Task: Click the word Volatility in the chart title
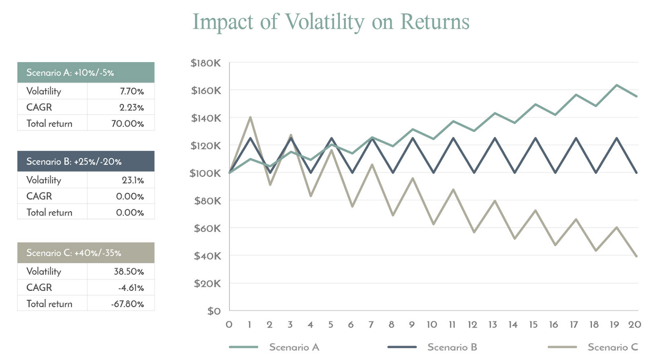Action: click(324, 22)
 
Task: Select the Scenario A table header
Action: click(86, 73)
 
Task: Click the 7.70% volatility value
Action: click(132, 91)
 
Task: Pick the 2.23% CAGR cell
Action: click(132, 107)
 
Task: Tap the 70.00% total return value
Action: click(128, 124)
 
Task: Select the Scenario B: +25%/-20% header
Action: click(86, 161)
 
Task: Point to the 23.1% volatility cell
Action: click(133, 180)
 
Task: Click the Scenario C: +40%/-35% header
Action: click(86, 253)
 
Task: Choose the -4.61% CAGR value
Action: click(131, 288)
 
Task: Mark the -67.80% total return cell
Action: click(128, 304)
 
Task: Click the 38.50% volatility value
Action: click(129, 272)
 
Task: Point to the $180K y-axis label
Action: click(206, 63)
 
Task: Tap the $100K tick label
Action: click(205, 173)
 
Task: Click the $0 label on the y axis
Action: click(214, 311)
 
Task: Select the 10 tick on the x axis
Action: click(432, 325)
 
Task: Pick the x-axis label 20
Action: click(635, 325)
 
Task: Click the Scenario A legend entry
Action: click(294, 347)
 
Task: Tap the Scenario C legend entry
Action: click(612, 347)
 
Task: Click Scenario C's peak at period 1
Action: click(250, 117)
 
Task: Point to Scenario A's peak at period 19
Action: click(616, 85)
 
